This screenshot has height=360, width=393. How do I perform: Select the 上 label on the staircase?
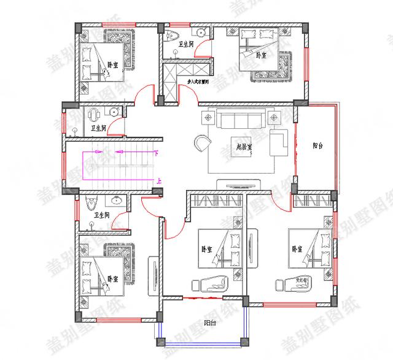click(160, 181)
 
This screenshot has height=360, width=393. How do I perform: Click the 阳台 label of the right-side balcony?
click(317, 146)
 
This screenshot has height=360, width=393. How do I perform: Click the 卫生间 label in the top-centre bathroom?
click(186, 45)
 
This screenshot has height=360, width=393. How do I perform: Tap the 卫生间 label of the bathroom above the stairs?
click(98, 128)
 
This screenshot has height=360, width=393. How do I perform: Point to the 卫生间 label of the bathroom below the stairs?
click(101, 215)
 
